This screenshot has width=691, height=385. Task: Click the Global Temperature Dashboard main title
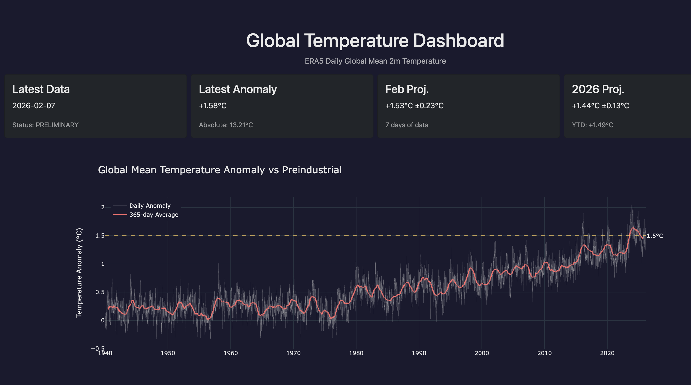coord(375,41)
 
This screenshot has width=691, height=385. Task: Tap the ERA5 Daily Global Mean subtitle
coord(375,61)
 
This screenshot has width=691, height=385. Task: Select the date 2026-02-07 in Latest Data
coord(34,106)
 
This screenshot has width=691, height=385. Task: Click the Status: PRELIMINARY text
coord(45,125)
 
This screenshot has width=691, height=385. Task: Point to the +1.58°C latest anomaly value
coord(212,106)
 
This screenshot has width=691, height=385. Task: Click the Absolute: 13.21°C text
coord(226,125)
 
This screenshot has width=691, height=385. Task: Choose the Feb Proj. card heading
coord(407,89)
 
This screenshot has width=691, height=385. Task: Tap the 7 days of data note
coord(407,125)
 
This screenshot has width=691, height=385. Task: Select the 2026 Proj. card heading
coord(598,89)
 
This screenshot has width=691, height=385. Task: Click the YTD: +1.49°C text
coord(592,125)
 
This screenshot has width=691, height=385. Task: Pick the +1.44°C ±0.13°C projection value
coord(600,106)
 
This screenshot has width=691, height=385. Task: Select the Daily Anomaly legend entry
coord(150,206)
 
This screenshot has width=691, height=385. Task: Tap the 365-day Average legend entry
coord(154,215)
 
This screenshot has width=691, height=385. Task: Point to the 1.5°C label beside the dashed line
coord(654,236)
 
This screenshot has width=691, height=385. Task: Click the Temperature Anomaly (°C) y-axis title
coord(79,273)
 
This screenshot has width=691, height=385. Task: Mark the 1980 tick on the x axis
coord(356,353)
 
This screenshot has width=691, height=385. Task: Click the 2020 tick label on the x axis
coord(607,353)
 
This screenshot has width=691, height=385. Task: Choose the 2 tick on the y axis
coord(103,207)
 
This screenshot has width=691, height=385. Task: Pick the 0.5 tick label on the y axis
coord(100,292)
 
